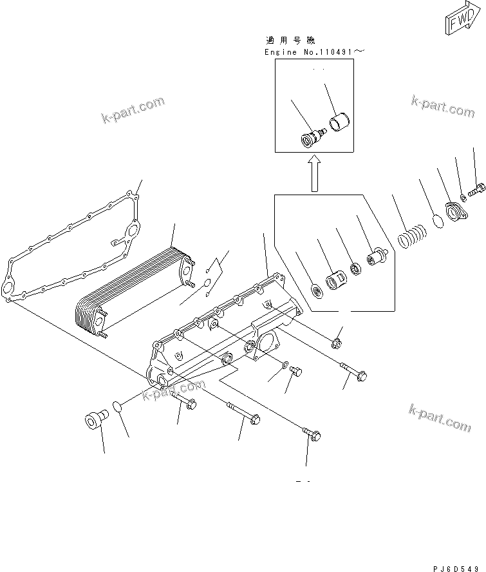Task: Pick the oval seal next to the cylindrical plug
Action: (x=116, y=407)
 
